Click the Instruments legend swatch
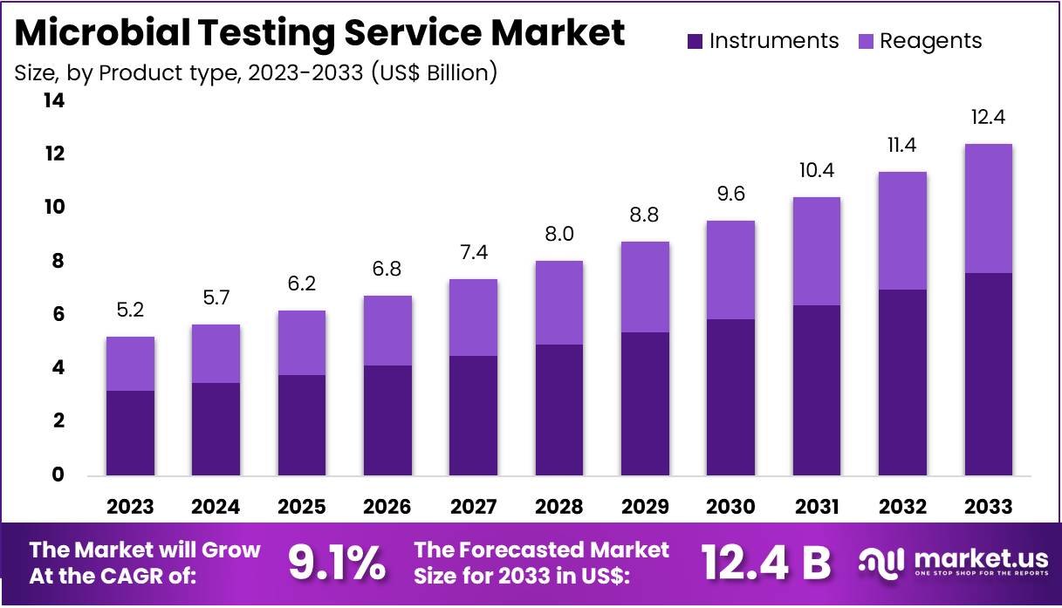tap(695, 41)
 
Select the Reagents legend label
tap(930, 41)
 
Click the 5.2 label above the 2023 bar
tap(130, 310)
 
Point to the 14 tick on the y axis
tap(53, 101)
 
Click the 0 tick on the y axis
tap(58, 475)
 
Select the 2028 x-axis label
tap(559, 507)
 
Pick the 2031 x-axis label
tap(817, 507)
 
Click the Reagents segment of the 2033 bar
tap(989, 208)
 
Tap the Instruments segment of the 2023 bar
tap(130, 433)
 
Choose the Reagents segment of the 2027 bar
tap(473, 318)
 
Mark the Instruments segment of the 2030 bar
tap(730, 397)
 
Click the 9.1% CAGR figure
tap(336, 564)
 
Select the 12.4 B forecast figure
tap(766, 564)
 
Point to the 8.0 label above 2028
tap(559, 235)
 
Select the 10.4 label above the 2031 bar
tap(817, 171)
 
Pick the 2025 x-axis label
tap(302, 507)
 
